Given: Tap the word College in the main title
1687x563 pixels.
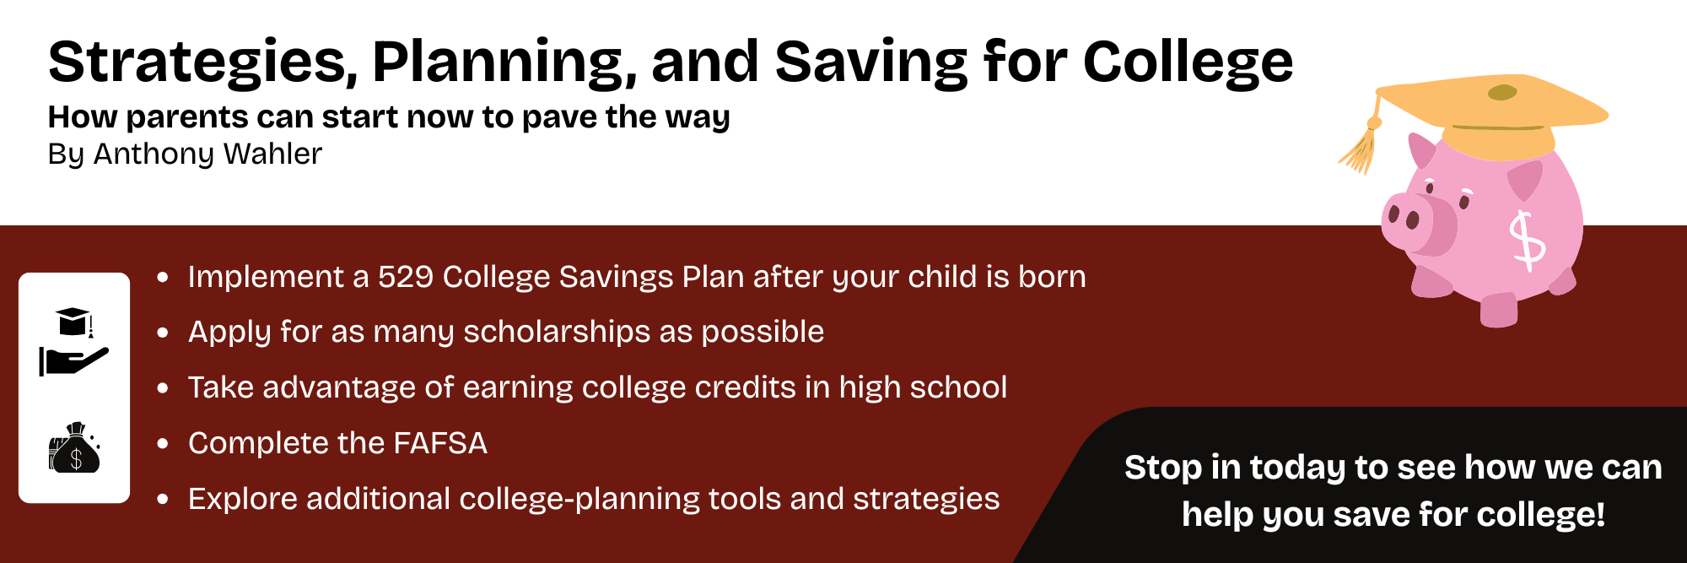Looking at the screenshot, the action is coord(1188,63).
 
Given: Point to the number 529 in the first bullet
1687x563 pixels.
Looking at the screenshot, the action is coord(405,277).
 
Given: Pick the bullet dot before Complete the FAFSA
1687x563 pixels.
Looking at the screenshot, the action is coord(163,443).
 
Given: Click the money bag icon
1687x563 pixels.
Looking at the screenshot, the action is coord(74,447).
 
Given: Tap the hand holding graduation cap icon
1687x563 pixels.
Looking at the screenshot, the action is coord(74,342).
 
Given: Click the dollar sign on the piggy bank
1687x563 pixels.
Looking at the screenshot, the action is coord(1527,241).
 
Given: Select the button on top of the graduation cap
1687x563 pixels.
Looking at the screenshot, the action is coord(1502,92).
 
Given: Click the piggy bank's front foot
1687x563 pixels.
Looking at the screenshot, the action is coord(1499,310).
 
